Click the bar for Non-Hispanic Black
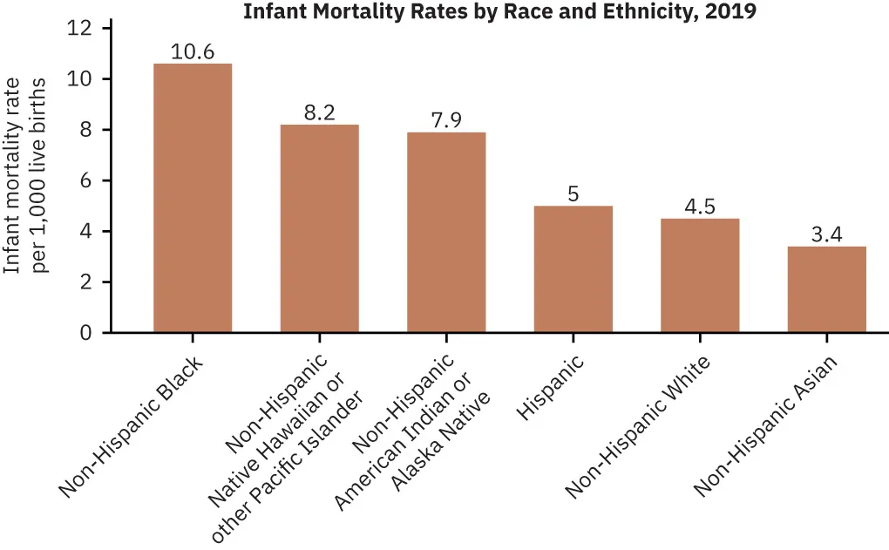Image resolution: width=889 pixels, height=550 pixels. [x=193, y=198]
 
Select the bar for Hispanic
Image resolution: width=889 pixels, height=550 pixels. [x=573, y=269]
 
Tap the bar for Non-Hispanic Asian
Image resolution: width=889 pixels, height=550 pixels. [x=826, y=289]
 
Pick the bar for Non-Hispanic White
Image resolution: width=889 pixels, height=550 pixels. [x=700, y=275]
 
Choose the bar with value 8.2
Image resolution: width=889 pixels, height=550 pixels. [x=319, y=228]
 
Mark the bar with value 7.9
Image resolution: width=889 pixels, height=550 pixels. [x=446, y=233]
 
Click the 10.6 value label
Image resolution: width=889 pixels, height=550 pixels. [x=193, y=51]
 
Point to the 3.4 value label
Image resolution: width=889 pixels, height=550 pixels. [x=826, y=234]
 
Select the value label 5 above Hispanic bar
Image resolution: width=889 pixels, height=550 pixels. [x=573, y=194]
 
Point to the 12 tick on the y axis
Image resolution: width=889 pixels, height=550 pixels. [x=80, y=29]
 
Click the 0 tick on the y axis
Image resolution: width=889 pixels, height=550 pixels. [x=85, y=333]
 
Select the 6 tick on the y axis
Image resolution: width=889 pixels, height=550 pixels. [x=85, y=180]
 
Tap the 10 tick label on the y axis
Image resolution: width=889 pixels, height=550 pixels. [x=80, y=79]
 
